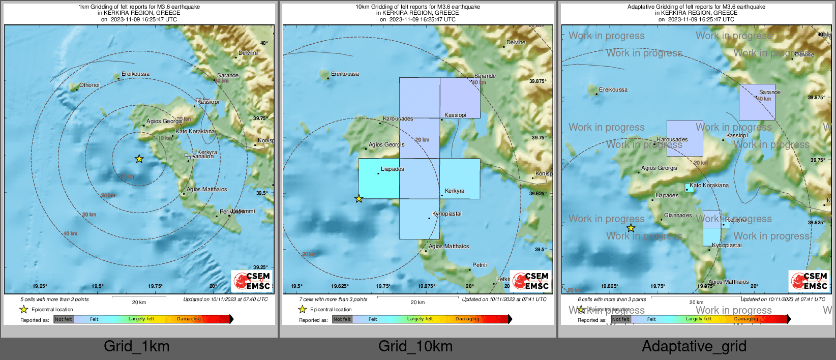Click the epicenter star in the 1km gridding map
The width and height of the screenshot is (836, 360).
point(139,159)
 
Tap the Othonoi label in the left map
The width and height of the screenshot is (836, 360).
point(89,85)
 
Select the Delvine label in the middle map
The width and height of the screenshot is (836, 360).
point(516,42)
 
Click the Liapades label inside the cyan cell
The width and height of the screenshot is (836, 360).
point(392,169)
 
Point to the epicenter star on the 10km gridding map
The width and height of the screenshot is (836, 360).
point(359,199)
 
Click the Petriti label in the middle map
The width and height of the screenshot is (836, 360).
point(480,265)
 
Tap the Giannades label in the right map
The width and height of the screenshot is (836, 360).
point(678,215)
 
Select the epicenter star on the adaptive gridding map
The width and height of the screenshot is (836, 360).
point(631,228)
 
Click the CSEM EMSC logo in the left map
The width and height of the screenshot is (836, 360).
point(252,281)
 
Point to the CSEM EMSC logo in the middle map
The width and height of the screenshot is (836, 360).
point(531,281)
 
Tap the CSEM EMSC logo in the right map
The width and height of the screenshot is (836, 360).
point(809,281)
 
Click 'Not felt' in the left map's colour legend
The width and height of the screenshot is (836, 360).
point(64,319)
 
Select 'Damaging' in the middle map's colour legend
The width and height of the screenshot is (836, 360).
point(467,319)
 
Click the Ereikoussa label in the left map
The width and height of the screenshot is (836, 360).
point(135,74)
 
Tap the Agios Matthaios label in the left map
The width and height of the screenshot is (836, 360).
point(206,189)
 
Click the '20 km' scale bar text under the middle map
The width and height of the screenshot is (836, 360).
point(417,303)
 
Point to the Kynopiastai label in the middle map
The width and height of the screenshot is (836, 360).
point(446,214)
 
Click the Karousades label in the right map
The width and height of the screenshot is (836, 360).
point(672,139)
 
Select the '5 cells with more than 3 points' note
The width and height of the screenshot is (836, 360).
point(54,299)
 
